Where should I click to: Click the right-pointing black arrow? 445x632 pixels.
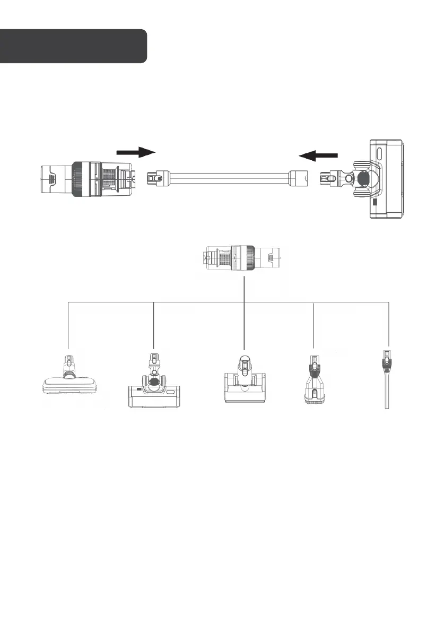click(x=136, y=152)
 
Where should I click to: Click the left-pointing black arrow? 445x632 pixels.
click(x=318, y=155)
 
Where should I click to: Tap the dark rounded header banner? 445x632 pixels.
click(x=73, y=47)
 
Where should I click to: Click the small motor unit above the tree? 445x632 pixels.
click(x=243, y=257)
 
